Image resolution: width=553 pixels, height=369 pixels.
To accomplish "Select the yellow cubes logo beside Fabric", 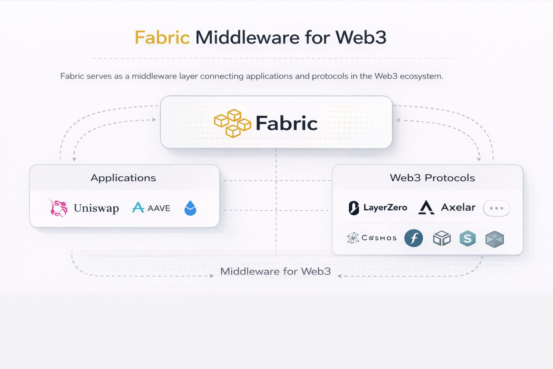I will (x=232, y=123).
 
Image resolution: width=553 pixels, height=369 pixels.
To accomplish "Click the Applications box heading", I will (x=123, y=178).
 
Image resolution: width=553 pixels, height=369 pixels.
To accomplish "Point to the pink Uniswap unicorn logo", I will (x=58, y=208).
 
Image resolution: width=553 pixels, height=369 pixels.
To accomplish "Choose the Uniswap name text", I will (x=96, y=208).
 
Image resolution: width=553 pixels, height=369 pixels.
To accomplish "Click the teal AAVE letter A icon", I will (x=138, y=208).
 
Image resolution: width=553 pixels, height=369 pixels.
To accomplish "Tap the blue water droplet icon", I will (x=190, y=208).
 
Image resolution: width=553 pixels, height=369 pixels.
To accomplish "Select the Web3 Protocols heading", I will (x=432, y=178).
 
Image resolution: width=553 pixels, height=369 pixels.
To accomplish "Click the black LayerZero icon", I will (x=354, y=208).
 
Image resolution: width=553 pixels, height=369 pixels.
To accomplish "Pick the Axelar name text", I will (x=458, y=207).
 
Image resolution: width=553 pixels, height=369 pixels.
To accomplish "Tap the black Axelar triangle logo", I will (x=426, y=208).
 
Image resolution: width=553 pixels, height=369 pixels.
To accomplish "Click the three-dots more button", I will (x=496, y=208).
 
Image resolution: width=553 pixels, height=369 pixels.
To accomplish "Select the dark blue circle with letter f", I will (x=413, y=238).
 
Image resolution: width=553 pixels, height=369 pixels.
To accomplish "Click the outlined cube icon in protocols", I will (x=442, y=238).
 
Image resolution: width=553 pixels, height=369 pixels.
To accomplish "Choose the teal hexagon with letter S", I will (x=467, y=238).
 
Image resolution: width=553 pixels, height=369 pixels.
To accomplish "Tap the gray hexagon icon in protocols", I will (x=494, y=239).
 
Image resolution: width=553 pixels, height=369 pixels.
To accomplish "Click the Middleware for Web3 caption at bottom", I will (x=275, y=271).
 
